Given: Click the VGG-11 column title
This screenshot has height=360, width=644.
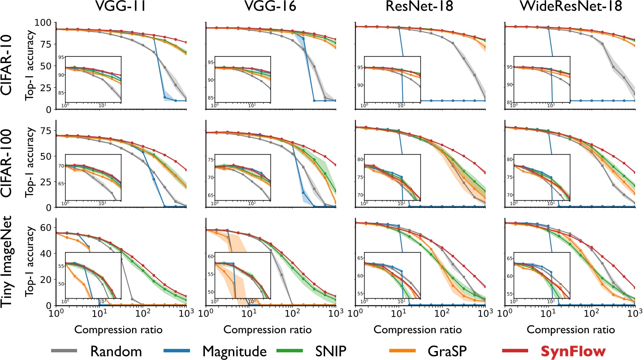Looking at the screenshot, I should point(121,6).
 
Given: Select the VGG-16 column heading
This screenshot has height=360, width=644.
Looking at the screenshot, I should point(271,6).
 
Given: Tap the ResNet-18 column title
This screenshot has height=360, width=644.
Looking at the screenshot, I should point(419,6).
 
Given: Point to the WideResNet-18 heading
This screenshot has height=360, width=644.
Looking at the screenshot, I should point(570,6).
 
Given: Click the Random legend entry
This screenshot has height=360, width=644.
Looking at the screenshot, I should point(116,351).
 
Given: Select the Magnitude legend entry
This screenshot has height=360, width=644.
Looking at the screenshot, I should point(234,351).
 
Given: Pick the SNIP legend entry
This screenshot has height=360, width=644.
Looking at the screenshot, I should point(331,351).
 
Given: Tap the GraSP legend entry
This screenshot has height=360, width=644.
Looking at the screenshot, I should point(447,351).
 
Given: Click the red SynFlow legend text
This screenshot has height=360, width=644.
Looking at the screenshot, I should point(573,351).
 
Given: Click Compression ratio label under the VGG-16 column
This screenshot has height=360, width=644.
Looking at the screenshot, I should point(267,330).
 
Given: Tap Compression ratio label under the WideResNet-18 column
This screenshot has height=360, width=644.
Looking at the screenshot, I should point(571,330).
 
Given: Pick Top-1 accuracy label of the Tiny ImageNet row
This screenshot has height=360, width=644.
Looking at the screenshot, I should point(30,262).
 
